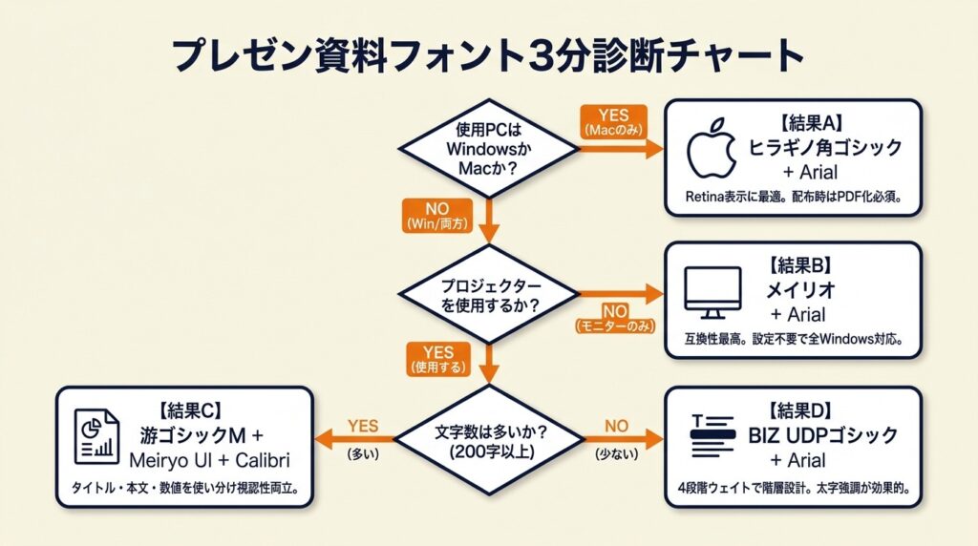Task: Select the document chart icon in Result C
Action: [96, 437]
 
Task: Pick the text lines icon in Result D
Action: [713, 436]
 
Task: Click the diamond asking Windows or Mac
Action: [488, 148]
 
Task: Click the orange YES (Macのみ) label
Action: [611, 121]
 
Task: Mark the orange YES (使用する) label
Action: [435, 358]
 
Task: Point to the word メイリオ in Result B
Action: [797, 290]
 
